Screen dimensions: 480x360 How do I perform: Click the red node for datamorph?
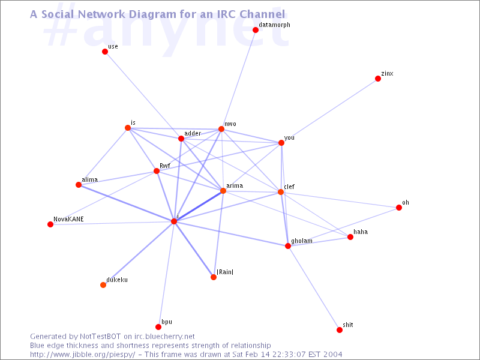pyautogui.click(x=256, y=30)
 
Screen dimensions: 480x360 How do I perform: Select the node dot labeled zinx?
pyautogui.click(x=378, y=79)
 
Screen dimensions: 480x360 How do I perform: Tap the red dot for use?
pyautogui.click(x=105, y=52)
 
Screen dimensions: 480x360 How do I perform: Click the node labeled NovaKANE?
pyautogui.click(x=50, y=224)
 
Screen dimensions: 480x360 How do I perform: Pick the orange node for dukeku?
pyautogui.click(x=103, y=285)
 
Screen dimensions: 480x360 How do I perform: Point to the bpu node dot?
pyautogui.click(x=158, y=327)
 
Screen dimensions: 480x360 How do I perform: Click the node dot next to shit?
pyautogui.click(x=340, y=329)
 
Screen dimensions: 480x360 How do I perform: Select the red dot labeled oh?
pyautogui.click(x=399, y=208)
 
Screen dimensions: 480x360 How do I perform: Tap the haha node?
pyautogui.click(x=350, y=237)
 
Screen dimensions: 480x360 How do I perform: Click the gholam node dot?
pyautogui.click(x=288, y=246)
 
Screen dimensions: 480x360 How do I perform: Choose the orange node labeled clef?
pyautogui.click(x=281, y=192)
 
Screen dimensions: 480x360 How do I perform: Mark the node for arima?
pyautogui.click(x=223, y=191)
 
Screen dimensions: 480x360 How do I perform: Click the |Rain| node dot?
pyautogui.click(x=214, y=277)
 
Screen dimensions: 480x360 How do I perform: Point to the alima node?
pyautogui.click(x=79, y=185)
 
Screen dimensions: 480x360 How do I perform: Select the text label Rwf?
pyautogui.click(x=165, y=166)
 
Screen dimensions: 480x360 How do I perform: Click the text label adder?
pyautogui.click(x=193, y=133)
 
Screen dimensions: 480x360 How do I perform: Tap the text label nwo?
pyautogui.click(x=230, y=124)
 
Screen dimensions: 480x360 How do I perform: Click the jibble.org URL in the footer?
pyautogui.click(x=83, y=355)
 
